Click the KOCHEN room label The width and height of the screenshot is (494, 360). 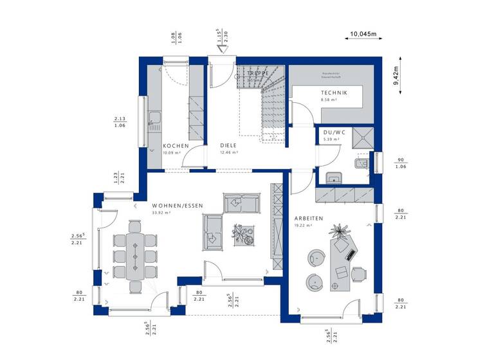pyautogui.click(x=176, y=146)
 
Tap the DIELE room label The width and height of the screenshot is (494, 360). pyautogui.click(x=228, y=146)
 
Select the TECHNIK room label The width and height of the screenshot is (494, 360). pyautogui.click(x=334, y=93)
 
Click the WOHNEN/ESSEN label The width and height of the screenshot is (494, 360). pyautogui.click(x=178, y=206)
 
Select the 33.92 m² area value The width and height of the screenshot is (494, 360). pyautogui.click(x=161, y=213)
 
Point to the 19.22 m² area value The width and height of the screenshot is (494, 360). pyautogui.click(x=303, y=226)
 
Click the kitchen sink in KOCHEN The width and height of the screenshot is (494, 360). pyautogui.click(x=154, y=118)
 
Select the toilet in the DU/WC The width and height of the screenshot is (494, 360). pyautogui.click(x=361, y=165)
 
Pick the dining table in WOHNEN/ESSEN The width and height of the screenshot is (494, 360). pyautogui.click(x=135, y=254)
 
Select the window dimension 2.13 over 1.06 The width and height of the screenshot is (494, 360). pyautogui.click(x=120, y=122)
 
